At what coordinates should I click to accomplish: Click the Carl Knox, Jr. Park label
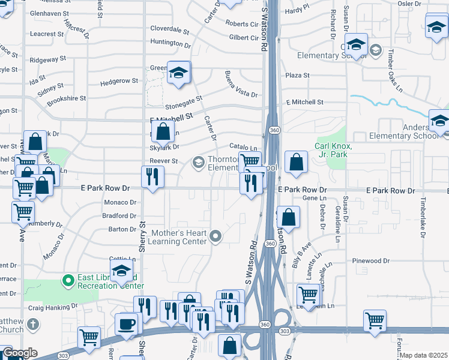tap(333, 150)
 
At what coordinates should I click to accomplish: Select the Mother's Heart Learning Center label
tap(179, 237)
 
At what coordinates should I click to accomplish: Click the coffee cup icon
tap(127, 325)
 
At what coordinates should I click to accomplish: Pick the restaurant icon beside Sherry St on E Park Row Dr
tap(152, 177)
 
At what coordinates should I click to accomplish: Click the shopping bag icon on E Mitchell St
tap(163, 131)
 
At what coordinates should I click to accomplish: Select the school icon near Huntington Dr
tap(178, 73)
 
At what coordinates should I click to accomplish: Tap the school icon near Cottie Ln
tap(121, 271)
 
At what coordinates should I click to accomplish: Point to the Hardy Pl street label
tap(297, 10)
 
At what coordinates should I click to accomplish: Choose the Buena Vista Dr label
tap(240, 85)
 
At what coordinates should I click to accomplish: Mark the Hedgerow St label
tap(119, 81)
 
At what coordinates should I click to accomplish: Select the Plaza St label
tap(297, 76)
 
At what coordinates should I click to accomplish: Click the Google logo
tap(19, 353)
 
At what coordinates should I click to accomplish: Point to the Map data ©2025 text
tap(424, 355)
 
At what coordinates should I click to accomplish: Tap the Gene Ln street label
tap(310, 198)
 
